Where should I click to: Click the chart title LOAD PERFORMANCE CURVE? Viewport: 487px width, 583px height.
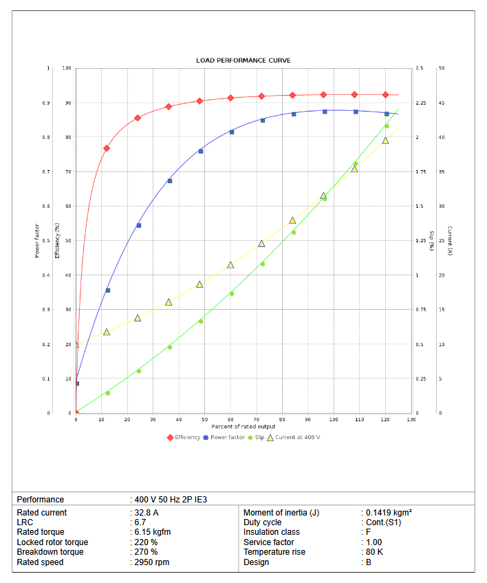243,61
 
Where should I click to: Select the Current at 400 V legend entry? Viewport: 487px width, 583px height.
294,437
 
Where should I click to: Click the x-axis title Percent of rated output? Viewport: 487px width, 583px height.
243,427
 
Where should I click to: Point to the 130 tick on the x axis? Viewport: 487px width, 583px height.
411,419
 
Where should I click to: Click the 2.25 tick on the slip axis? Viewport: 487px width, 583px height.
421,103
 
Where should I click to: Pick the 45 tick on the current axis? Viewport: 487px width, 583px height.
441,103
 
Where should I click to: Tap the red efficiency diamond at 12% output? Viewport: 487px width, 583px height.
107,148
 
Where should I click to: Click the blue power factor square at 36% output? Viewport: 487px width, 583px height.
169,181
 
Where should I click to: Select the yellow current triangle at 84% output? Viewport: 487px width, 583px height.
292,220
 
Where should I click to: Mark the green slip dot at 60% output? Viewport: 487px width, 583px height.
231,294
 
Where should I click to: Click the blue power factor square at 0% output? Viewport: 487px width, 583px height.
76,383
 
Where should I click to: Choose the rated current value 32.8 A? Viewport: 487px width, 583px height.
147,513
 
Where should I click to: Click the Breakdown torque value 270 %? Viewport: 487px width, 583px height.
145,552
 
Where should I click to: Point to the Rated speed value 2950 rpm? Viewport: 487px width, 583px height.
151,562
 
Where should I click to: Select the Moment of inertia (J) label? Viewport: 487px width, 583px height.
281,513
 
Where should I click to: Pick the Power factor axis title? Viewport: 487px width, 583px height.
37,240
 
